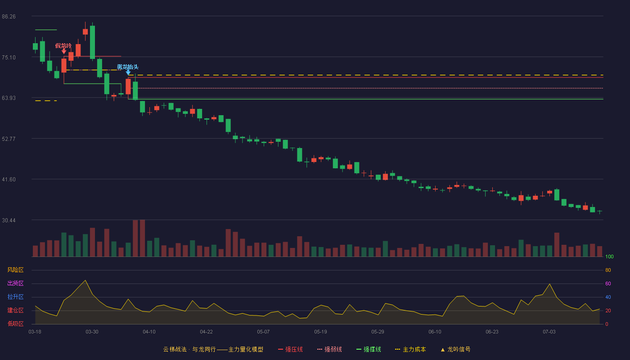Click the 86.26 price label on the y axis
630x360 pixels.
tap(9, 17)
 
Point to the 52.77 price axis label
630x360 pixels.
tap(9, 139)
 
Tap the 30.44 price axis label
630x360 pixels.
tap(9, 220)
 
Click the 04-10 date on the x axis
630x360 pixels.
tap(149, 332)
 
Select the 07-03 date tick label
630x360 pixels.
tap(549, 332)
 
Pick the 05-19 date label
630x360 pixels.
tap(320, 332)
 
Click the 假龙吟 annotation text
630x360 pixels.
tap(63, 45)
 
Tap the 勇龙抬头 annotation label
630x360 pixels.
tap(128, 67)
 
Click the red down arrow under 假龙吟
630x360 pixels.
tap(64, 51)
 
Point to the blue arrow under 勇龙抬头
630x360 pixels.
tap(128, 72)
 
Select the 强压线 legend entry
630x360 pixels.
tap(290, 349)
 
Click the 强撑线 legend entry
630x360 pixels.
tap(369, 349)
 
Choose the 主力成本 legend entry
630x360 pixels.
tap(410, 349)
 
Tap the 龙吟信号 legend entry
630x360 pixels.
tap(455, 349)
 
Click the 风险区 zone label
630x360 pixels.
tap(15, 270)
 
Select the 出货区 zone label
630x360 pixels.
tap(15, 283)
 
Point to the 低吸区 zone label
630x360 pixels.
tap(15, 324)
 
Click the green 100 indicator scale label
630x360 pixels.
tap(609, 256)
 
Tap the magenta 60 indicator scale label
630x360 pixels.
tap(608, 283)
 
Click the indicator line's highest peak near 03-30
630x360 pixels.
tap(85, 280)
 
